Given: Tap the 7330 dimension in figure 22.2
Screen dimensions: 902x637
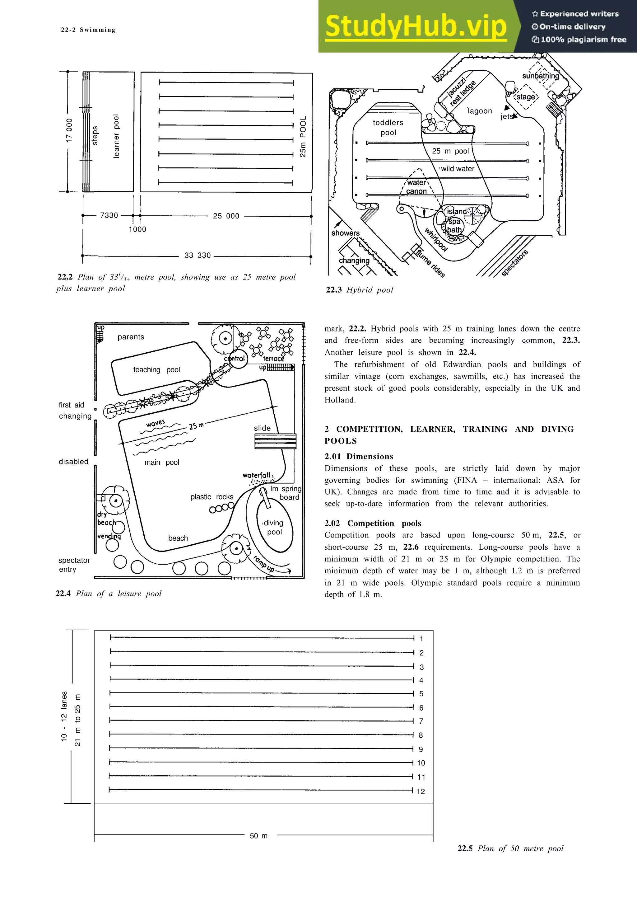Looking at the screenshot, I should coord(109,215).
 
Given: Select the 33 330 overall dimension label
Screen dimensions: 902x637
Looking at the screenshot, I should coord(198,255).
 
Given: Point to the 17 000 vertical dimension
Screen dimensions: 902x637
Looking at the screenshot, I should coord(69,130).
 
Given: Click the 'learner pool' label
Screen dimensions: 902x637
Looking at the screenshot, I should coord(116,136).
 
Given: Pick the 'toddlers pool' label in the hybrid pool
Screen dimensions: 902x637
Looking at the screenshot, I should coord(388,127).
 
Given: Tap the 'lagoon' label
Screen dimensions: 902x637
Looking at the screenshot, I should coord(480,111).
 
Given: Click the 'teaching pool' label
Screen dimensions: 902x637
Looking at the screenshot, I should coord(156,370).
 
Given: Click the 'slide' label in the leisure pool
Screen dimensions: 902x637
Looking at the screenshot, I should coord(262,428).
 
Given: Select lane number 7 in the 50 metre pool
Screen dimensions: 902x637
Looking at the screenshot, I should coord(421,721).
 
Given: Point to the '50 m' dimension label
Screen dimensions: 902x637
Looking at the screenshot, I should coord(259,836).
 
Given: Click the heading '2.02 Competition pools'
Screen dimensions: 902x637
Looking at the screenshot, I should coord(373,523).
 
